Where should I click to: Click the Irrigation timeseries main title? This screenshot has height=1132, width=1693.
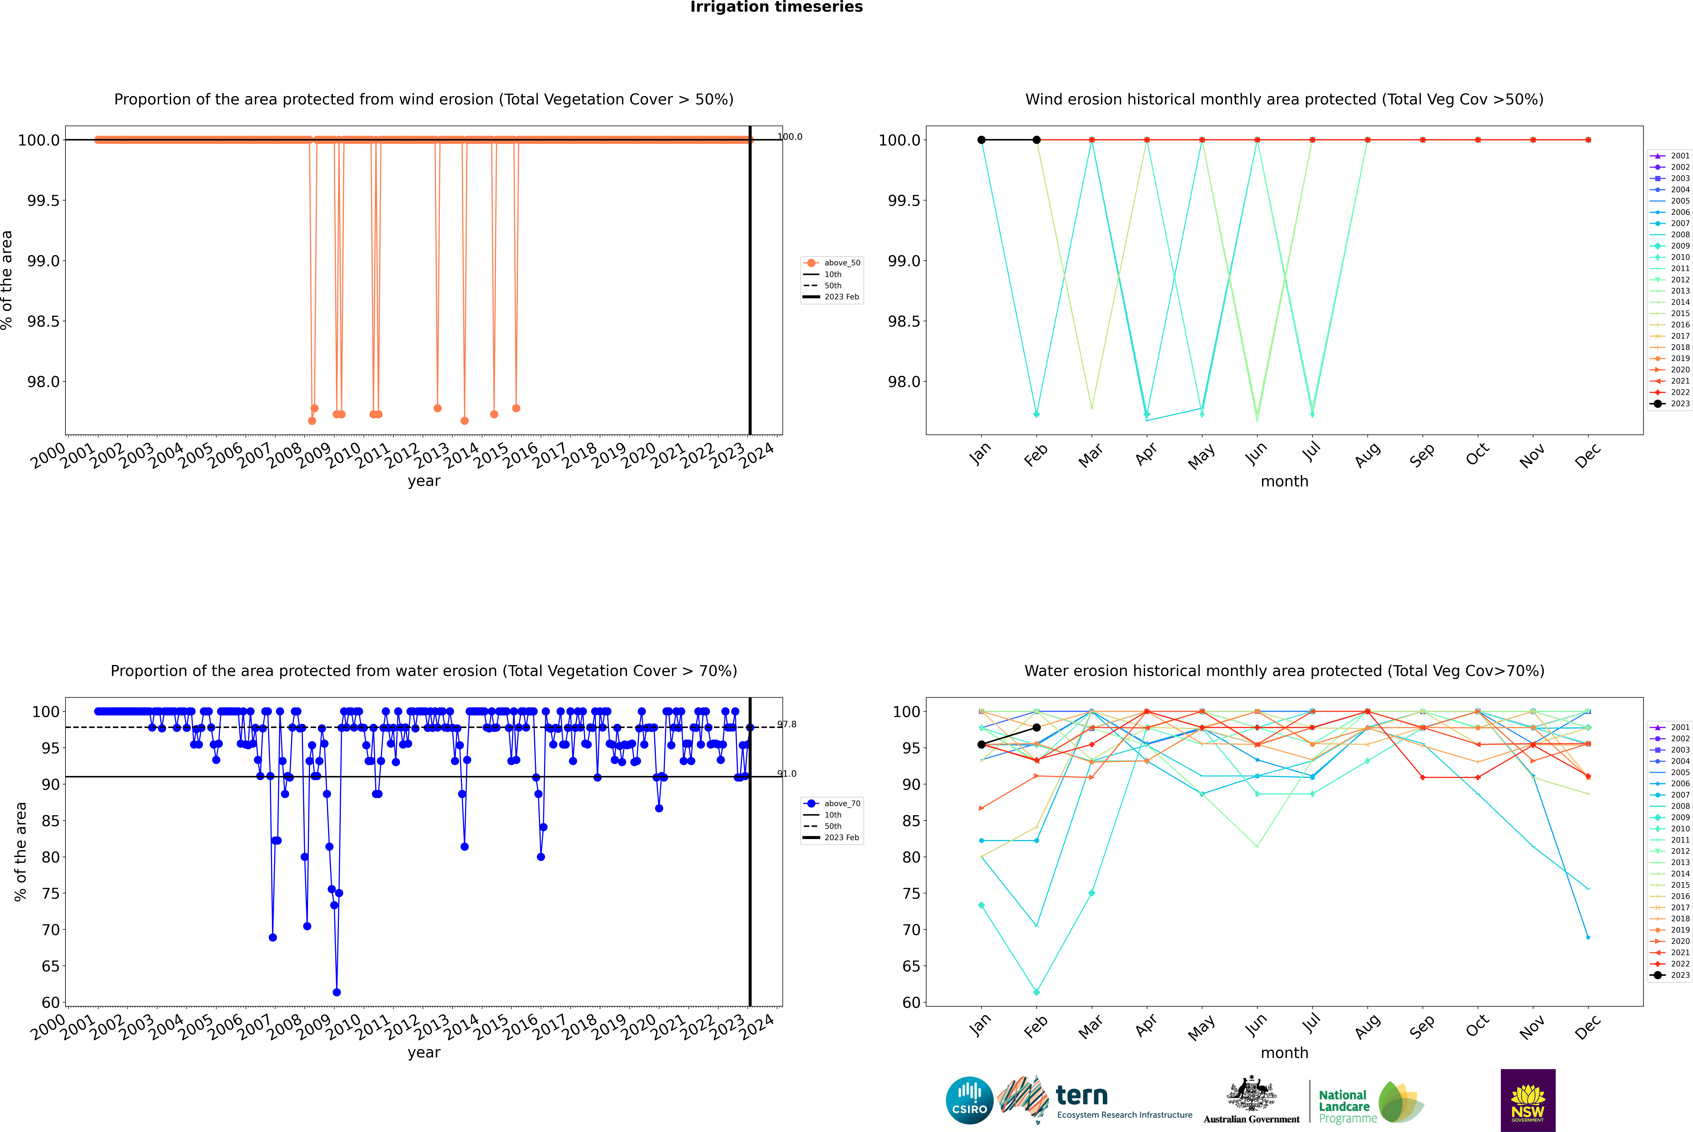(x=777, y=7)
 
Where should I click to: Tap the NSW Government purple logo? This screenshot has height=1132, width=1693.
(x=1528, y=1100)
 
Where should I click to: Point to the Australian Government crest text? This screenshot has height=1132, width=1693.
(x=1251, y=1119)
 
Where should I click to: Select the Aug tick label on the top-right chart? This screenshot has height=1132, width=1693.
(x=1367, y=455)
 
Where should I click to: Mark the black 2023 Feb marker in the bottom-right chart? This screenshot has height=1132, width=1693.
(x=1036, y=728)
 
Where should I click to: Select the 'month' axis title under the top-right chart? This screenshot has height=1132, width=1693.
(x=1284, y=482)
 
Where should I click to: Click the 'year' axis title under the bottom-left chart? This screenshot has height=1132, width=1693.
(x=424, y=1053)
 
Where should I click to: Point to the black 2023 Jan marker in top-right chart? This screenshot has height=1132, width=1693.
(x=981, y=140)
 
